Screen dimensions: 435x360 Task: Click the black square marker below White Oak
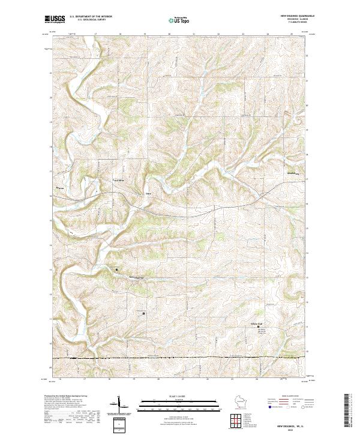pos(259,327)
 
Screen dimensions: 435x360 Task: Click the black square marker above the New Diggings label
pos(116,270)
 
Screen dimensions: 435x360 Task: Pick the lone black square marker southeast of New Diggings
pos(143,313)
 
